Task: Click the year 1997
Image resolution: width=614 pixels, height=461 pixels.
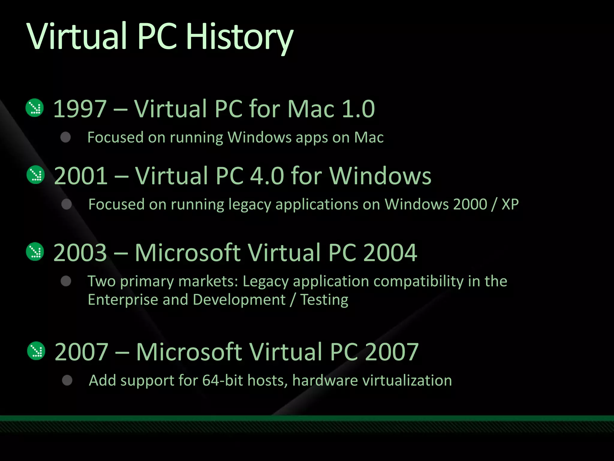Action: click(x=80, y=109)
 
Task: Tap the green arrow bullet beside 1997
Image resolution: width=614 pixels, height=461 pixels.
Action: click(x=35, y=108)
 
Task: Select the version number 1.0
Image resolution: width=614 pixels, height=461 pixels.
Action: click(x=358, y=109)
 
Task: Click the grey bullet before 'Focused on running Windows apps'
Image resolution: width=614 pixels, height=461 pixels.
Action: click(x=65, y=137)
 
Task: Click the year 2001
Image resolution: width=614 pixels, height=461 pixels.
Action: click(x=81, y=176)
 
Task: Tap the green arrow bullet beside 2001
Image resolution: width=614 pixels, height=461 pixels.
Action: click(x=36, y=175)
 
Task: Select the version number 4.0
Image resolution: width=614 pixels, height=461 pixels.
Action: click(x=267, y=176)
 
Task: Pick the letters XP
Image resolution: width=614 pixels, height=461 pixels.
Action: click(x=510, y=204)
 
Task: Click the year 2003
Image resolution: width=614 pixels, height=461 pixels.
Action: click(x=80, y=253)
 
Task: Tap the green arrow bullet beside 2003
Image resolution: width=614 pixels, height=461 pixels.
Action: click(x=35, y=252)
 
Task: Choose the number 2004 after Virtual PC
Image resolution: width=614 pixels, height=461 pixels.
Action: click(x=390, y=253)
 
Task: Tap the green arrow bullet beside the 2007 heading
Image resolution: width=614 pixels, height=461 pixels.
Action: click(x=36, y=351)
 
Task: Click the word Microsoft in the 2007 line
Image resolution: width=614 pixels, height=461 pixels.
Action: click(x=189, y=352)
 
